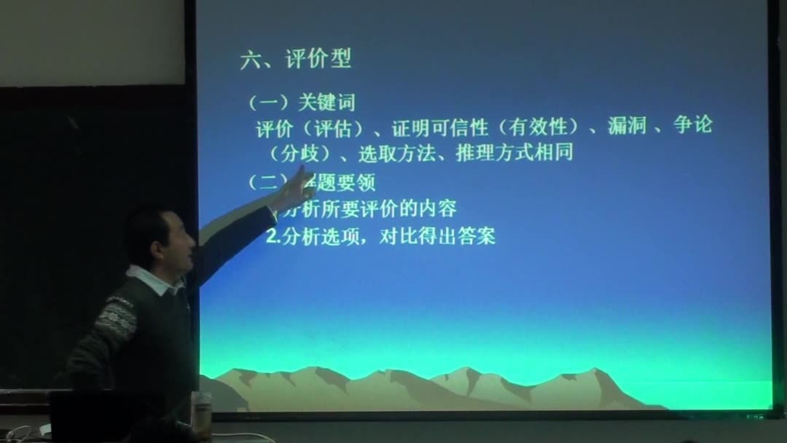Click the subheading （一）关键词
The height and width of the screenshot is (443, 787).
[x=301, y=103]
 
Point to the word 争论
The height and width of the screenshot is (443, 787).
[x=693, y=126]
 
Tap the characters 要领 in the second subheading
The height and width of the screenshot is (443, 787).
[x=359, y=181]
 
